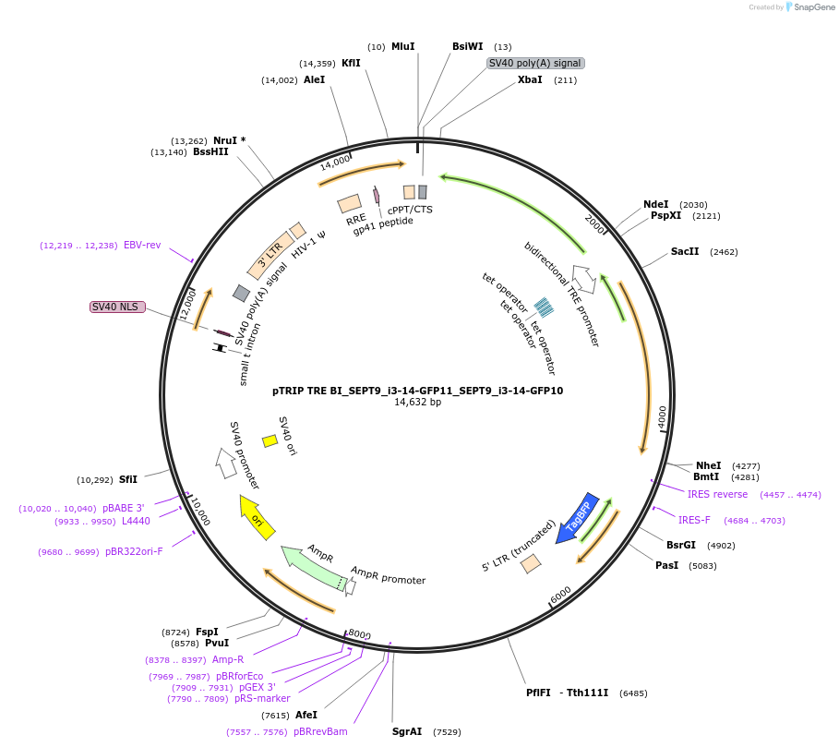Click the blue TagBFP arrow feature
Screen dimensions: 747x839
(578, 517)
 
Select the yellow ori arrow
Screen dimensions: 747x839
(256, 517)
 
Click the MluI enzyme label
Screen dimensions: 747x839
(403, 46)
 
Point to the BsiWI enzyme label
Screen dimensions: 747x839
(467, 46)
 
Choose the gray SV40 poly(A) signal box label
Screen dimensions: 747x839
(535, 63)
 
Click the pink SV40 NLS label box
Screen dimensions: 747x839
(117, 307)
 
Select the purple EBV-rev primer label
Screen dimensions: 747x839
(142, 246)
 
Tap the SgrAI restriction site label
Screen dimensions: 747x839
(407, 731)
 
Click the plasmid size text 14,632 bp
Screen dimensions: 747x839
(417, 403)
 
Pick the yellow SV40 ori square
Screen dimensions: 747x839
(270, 441)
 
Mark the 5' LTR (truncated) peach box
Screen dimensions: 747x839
(531, 563)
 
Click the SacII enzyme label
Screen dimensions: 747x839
(685, 251)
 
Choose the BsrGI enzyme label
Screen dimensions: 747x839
(681, 545)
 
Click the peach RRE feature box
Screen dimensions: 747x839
(349, 203)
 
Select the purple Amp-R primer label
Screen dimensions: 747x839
(228, 659)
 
